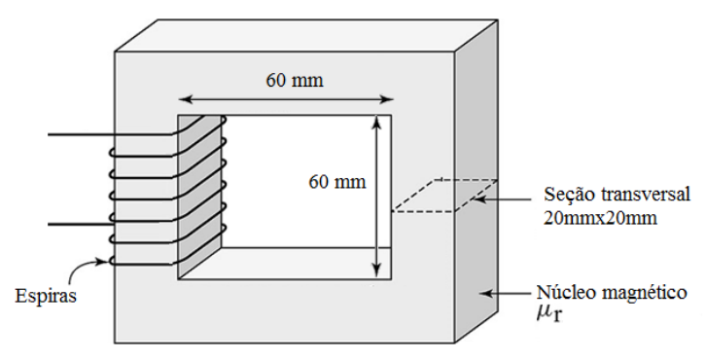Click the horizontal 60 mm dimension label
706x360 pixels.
295,81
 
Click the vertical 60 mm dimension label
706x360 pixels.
337,182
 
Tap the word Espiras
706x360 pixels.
46,297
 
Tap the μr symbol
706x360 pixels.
549,313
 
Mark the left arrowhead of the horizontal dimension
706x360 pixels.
185,99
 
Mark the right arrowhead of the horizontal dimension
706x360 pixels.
387,99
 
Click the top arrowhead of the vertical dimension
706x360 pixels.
377,123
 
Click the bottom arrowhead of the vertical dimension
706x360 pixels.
377,270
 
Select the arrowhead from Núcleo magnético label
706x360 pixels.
485,293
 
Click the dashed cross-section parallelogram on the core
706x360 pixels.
444,196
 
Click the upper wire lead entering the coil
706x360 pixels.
109,134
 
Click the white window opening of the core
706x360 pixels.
306,181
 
